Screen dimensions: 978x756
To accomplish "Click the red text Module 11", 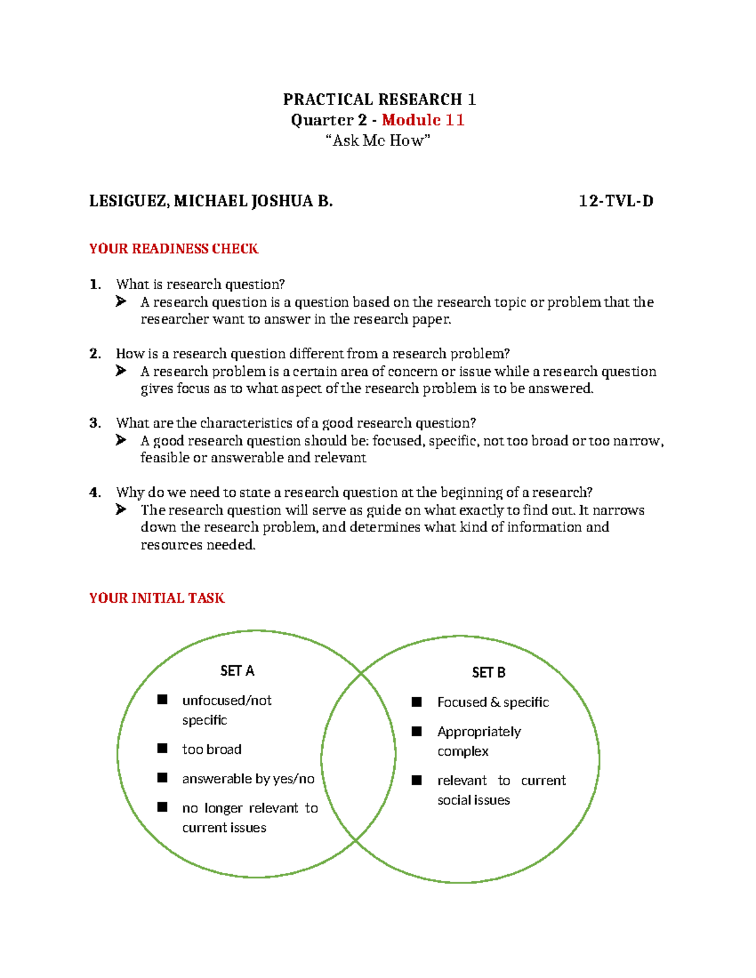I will pyautogui.click(x=423, y=120).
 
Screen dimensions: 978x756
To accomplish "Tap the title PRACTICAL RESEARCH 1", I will pyautogui.click(x=379, y=100).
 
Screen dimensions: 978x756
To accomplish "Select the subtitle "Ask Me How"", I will pyautogui.click(x=378, y=140).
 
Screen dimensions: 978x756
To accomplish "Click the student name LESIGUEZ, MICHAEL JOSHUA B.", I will pyautogui.click(x=211, y=202).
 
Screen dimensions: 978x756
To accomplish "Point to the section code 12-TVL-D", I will pyautogui.click(x=616, y=202).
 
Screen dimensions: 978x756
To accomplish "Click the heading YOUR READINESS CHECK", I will pyautogui.click(x=174, y=249).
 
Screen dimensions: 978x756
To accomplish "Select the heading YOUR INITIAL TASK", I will pyautogui.click(x=157, y=598).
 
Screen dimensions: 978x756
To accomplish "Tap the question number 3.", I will pyautogui.click(x=94, y=423).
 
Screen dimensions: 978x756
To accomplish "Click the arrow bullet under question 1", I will pyautogui.click(x=121, y=302).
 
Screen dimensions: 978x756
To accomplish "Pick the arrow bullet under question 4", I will pyautogui.click(x=121, y=510).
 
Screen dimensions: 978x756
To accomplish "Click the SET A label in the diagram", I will pyautogui.click(x=237, y=671).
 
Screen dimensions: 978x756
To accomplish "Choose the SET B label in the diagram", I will pyautogui.click(x=488, y=673).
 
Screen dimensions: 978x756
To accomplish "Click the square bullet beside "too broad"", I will pyautogui.click(x=163, y=748).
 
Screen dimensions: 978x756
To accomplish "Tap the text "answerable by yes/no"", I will pyautogui.click(x=248, y=779).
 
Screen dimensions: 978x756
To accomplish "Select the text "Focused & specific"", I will pyautogui.click(x=493, y=702).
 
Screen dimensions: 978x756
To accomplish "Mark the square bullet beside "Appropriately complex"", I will pyautogui.click(x=416, y=731).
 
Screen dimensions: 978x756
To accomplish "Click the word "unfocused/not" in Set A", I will pyautogui.click(x=227, y=700).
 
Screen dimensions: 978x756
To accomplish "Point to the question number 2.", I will pyautogui.click(x=94, y=354).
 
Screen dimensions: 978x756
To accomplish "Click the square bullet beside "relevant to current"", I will pyautogui.click(x=416, y=780).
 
